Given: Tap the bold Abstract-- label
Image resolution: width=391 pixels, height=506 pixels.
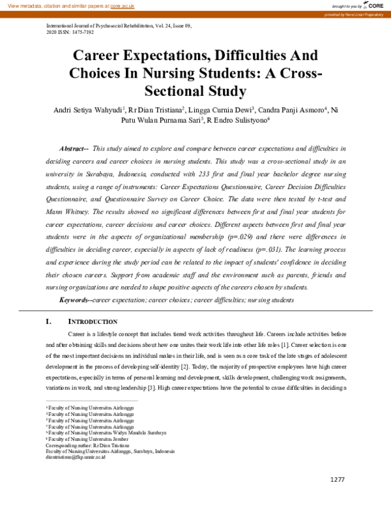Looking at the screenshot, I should pyautogui.click(x=73, y=149).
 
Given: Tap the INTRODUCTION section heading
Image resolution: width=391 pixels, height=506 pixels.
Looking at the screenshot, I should pyautogui.click(x=93, y=321).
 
